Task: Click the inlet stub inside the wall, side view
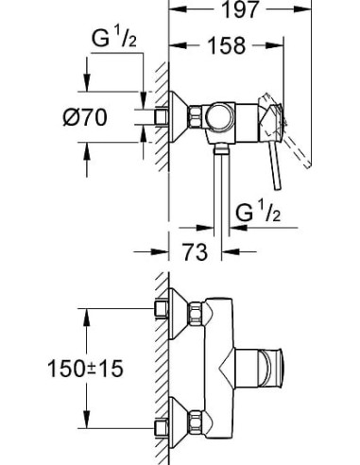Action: click(x=148, y=116)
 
